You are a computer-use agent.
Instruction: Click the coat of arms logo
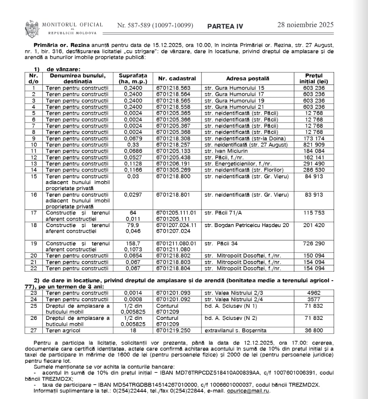click(32, 28)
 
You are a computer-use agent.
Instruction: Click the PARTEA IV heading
click(225, 26)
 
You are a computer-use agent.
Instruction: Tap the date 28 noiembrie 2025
click(305, 25)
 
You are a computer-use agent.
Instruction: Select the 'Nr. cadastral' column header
click(177, 78)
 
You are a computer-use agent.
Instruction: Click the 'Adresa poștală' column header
click(247, 78)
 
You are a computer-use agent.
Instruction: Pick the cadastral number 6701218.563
click(174, 88)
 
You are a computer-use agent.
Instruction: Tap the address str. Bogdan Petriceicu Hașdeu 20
click(246, 225)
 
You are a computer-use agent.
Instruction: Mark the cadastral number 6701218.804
click(174, 268)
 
